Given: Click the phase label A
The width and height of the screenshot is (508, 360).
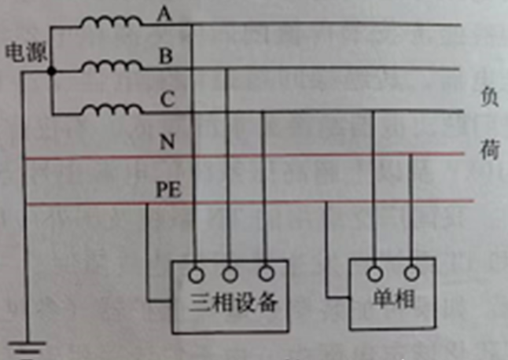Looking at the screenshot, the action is point(164,14).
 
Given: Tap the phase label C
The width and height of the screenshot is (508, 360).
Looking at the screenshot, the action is point(167,99).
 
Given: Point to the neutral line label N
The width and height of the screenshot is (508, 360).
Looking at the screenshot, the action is point(167,141).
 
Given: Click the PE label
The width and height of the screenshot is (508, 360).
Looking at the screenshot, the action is point(168,189).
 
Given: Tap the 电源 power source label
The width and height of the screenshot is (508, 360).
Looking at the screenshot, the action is point(26,52).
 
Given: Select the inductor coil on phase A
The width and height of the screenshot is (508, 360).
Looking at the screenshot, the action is point(112,22).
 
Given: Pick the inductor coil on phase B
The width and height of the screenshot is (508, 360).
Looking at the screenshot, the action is point(112,65).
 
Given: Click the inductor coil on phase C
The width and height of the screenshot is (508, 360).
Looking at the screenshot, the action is point(112,109).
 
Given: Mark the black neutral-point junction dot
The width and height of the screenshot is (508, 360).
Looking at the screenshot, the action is point(52,71).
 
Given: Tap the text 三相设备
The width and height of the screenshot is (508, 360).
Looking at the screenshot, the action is point(233,303).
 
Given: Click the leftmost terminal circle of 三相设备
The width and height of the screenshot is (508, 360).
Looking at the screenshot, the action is point(196,275).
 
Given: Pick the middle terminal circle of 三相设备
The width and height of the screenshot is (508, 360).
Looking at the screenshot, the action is point(230,274).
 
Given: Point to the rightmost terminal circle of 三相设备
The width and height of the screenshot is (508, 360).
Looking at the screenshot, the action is point(267,274).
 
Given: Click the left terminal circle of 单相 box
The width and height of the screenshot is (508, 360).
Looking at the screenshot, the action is point(375,274).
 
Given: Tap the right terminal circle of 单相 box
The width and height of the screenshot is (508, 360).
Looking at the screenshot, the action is point(412,274).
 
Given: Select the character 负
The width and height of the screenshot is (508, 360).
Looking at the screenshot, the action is point(489,97).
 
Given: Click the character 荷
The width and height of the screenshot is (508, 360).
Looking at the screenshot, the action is point(490,149).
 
